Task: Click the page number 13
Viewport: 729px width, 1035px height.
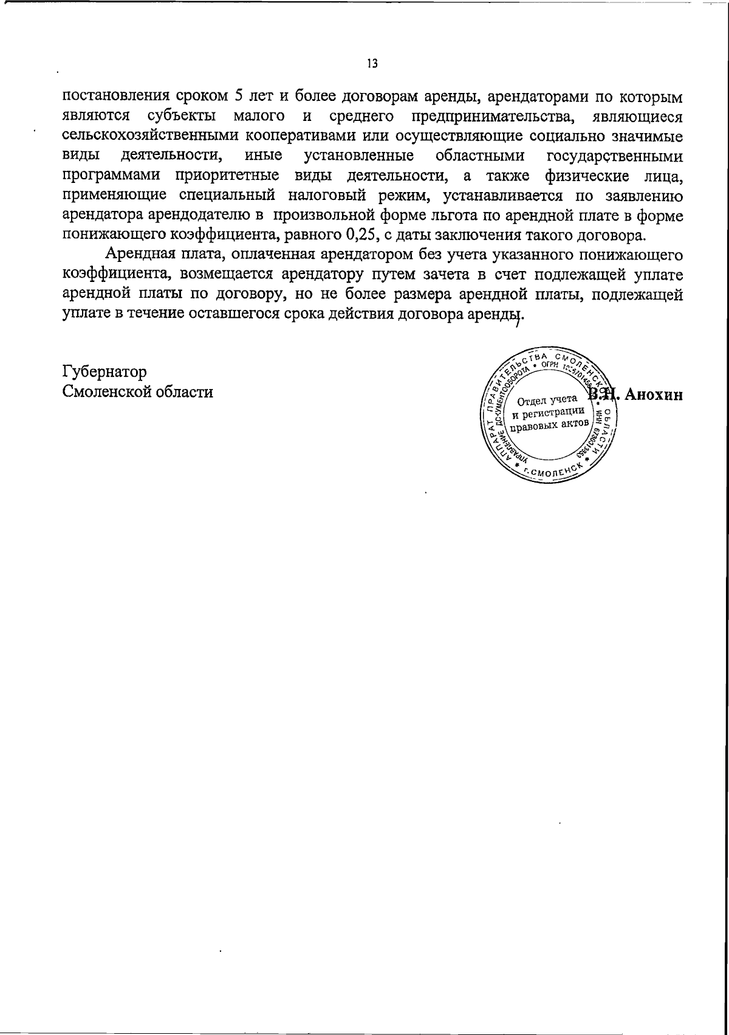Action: (x=372, y=63)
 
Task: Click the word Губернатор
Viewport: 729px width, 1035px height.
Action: (x=104, y=371)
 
